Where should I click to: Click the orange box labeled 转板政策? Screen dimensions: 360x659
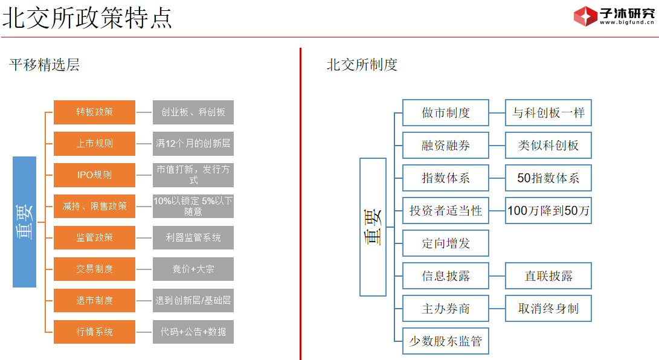point(94,112)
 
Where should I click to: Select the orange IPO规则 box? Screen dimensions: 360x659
point(94,175)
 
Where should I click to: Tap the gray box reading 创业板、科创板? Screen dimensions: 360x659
point(193,112)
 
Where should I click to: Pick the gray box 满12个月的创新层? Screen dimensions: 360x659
point(193,144)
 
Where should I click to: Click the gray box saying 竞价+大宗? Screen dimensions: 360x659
point(193,269)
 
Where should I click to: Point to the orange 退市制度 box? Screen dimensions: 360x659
point(94,300)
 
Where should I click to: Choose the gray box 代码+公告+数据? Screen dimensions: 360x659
point(193,332)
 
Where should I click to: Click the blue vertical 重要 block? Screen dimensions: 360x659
point(25,222)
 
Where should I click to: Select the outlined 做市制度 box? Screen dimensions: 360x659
point(445,113)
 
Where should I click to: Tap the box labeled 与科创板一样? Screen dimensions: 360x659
point(548,113)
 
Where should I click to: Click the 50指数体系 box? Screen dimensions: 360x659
point(548,178)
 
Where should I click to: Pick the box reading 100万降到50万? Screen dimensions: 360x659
point(548,211)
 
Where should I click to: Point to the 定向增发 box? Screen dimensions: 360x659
point(445,243)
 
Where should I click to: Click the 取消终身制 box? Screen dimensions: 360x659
point(548,309)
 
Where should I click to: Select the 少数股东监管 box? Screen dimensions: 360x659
point(445,341)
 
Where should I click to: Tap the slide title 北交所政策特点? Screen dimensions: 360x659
point(87,18)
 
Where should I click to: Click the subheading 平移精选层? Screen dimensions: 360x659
point(45,65)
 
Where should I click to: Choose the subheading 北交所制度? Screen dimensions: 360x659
point(362,65)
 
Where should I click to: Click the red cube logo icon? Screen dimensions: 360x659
point(585,16)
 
